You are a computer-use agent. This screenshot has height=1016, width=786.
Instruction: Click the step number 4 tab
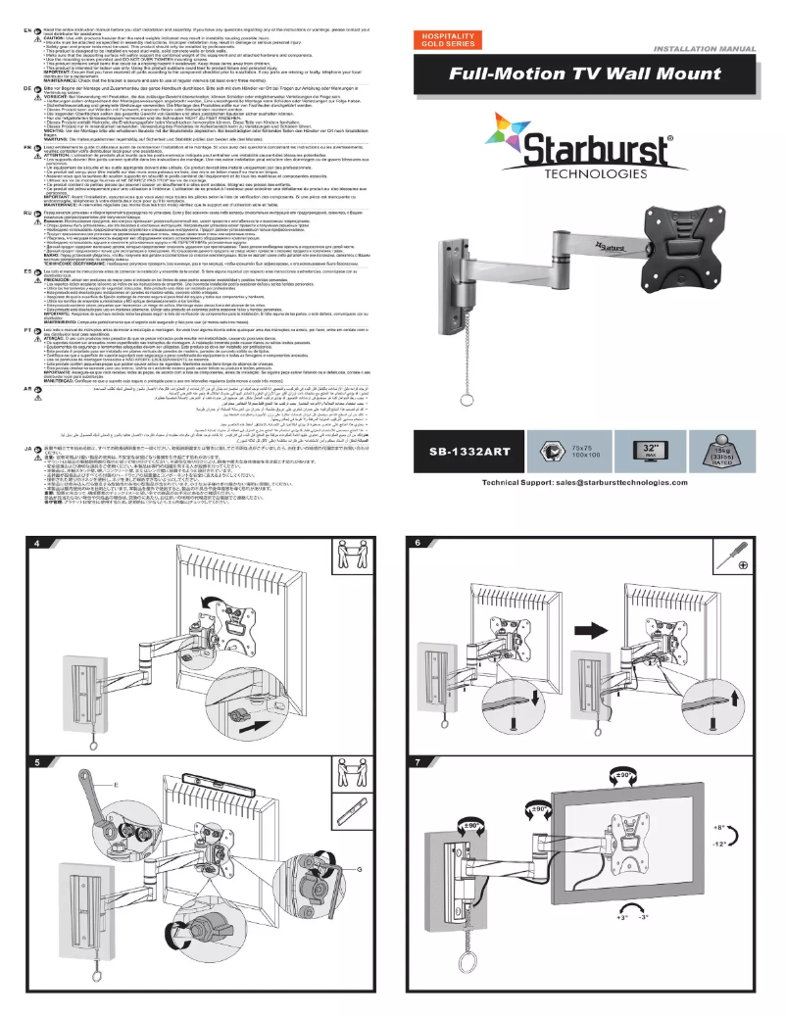(37, 543)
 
